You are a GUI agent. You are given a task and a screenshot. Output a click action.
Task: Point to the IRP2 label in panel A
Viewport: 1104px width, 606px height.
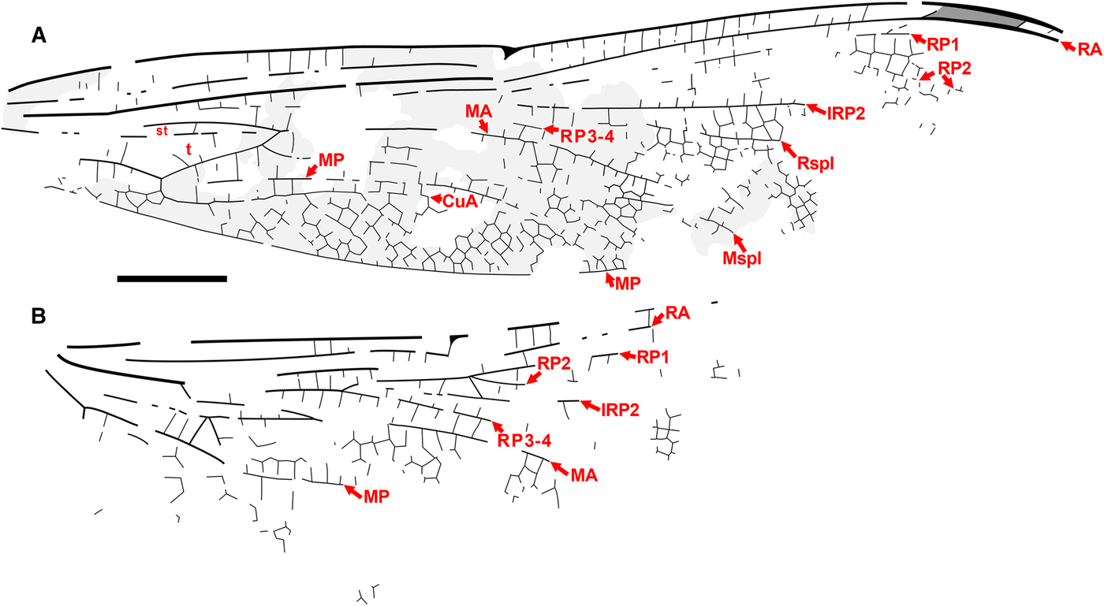845,113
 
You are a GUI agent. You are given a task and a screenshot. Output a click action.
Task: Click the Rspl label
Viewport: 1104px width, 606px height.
815,164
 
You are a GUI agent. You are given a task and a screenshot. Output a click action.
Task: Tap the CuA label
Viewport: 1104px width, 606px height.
458,202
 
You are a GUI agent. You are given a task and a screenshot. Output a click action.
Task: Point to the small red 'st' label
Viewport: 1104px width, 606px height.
161,131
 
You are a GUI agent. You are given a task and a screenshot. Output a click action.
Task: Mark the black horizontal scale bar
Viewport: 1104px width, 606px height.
172,278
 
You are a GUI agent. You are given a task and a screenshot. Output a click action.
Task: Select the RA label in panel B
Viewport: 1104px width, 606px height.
677,313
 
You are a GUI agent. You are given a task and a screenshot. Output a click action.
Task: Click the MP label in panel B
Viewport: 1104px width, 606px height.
376,496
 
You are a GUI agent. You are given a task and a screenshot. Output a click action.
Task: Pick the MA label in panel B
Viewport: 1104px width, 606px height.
582,476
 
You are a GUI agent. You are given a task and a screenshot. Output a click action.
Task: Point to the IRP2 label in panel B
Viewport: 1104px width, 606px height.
620,409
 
